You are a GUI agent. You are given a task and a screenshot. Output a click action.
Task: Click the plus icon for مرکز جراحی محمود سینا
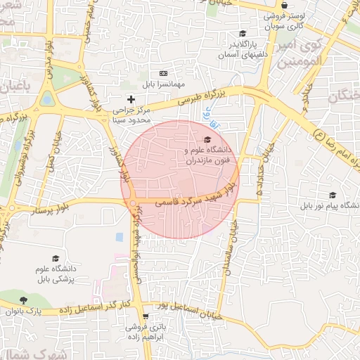(131, 99)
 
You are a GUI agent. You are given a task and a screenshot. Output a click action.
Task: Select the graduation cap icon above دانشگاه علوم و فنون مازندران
(207, 139)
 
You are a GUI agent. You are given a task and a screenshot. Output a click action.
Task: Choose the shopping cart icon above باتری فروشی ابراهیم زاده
(146, 317)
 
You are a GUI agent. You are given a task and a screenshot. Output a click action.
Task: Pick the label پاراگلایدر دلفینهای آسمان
(243, 49)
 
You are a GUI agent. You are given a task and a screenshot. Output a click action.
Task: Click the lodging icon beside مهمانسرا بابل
(163, 73)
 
